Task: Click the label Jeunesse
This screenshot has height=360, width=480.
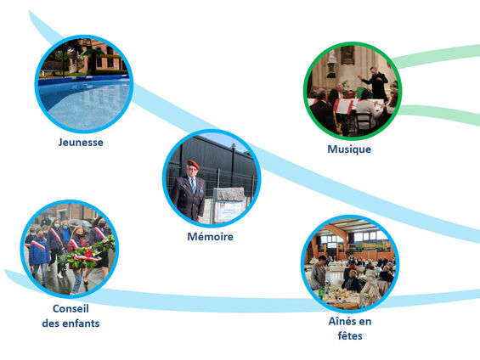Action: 81,143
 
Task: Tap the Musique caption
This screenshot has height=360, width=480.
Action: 349,149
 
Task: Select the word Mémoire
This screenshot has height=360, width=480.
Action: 211,236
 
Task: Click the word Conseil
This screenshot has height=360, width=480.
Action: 71,308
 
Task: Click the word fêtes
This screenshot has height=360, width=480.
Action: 350,336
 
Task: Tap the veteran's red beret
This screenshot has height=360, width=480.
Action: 193,164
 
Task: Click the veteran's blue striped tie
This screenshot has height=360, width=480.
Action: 194,186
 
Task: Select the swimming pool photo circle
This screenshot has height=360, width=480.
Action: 84,84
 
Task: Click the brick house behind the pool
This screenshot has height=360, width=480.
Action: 97,58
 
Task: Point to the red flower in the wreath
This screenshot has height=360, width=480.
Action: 88,253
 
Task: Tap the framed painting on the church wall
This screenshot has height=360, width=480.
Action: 347,54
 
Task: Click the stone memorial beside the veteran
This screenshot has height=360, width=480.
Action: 229,205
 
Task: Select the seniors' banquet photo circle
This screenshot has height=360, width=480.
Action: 350,264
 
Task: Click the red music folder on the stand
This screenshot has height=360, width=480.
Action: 343,106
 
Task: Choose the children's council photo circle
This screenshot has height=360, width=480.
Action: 70,249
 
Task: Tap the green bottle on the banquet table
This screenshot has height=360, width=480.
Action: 320,292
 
